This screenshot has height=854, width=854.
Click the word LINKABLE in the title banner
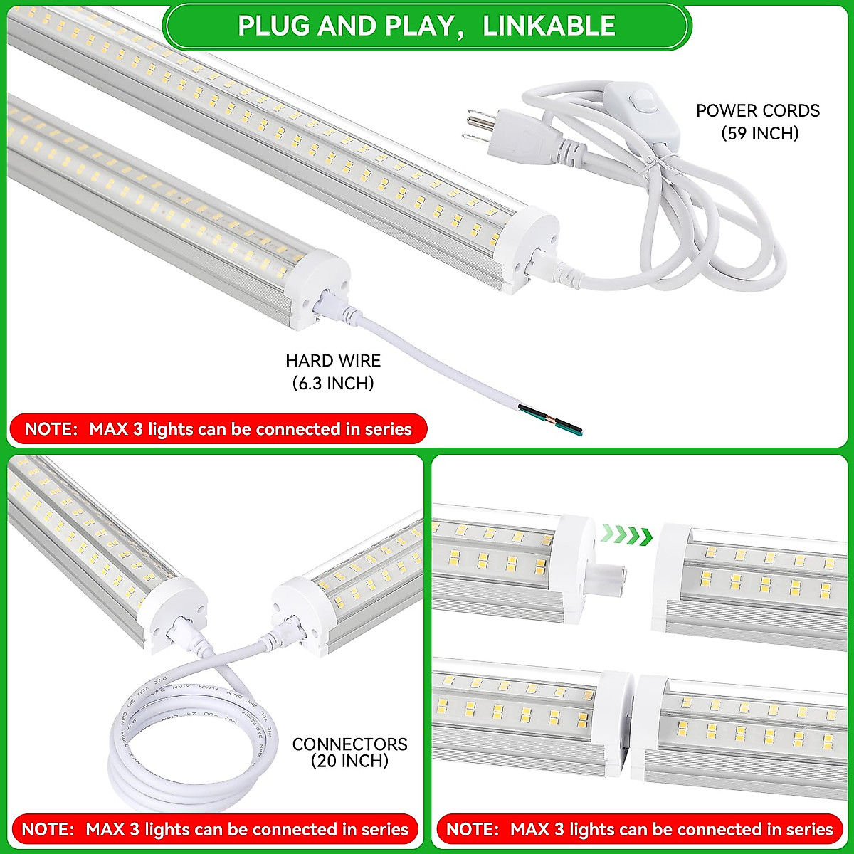coord(549,25)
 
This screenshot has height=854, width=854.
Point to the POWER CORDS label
coord(757,111)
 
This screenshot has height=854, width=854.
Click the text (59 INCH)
coord(759,133)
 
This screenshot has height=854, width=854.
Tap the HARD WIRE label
coord(333,361)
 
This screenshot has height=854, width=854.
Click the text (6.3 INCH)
coord(333,384)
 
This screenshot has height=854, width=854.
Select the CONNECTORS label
coord(349,744)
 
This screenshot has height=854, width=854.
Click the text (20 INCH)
coord(349,761)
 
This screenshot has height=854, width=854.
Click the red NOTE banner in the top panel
coord(218,429)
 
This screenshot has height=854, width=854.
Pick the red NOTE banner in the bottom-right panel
coord(639,829)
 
